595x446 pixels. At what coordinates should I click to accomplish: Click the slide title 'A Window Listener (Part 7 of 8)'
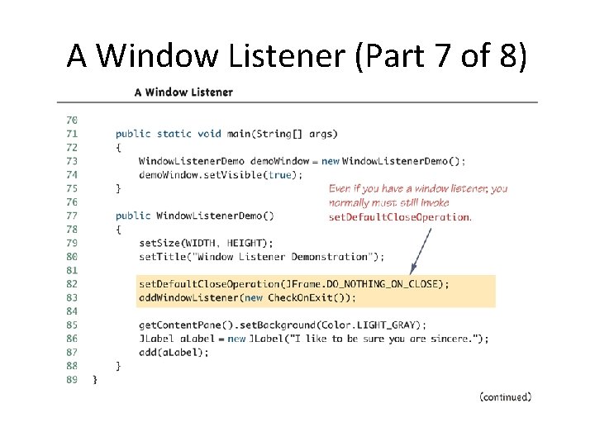(297, 56)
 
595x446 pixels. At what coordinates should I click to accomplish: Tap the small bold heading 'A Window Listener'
(183, 93)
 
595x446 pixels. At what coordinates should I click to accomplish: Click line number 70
(71, 120)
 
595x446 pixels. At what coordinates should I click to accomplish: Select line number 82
(71, 283)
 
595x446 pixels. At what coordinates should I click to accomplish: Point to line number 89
(71, 379)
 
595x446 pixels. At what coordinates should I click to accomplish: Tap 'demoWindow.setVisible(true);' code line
(221, 174)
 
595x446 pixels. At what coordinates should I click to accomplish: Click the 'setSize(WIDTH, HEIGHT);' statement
(206, 243)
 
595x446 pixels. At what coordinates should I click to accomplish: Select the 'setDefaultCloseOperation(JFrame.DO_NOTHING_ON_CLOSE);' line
(294, 283)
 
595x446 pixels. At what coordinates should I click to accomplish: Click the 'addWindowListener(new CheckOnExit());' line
(248, 297)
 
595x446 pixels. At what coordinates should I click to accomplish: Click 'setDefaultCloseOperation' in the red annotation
(399, 218)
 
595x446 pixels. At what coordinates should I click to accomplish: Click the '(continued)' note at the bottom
(505, 397)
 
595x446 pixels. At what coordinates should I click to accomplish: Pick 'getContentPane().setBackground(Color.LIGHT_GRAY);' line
(283, 325)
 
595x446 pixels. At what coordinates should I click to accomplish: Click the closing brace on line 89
(94, 379)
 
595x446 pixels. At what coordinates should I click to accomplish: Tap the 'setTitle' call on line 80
(156, 257)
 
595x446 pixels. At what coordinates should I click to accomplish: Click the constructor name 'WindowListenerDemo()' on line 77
(215, 216)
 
